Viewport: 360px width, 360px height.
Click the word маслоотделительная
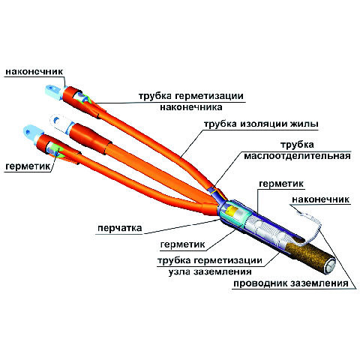[x=297, y=156]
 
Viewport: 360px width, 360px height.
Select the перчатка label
[x=120, y=228]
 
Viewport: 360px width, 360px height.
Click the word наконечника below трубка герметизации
[x=191, y=107]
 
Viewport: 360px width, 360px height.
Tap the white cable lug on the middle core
[x=59, y=123]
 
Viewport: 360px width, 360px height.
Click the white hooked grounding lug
[x=313, y=225]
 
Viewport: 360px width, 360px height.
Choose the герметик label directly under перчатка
[x=183, y=244]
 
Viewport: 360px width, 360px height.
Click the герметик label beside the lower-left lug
[x=28, y=166]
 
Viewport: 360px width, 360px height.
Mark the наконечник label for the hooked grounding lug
[x=320, y=199]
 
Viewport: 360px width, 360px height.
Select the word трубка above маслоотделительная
[x=297, y=145]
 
